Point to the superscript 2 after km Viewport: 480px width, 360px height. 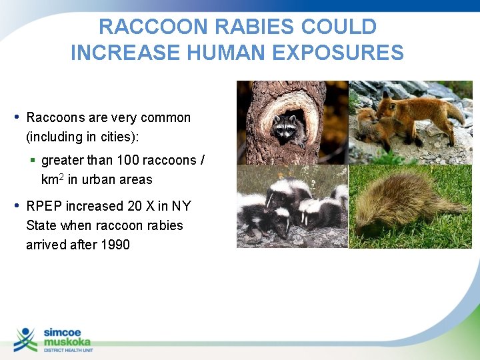click(x=62, y=177)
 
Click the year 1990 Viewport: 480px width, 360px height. click(x=115, y=245)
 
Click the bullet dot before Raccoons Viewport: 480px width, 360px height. click(x=16, y=117)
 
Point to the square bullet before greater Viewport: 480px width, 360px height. click(x=33, y=161)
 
